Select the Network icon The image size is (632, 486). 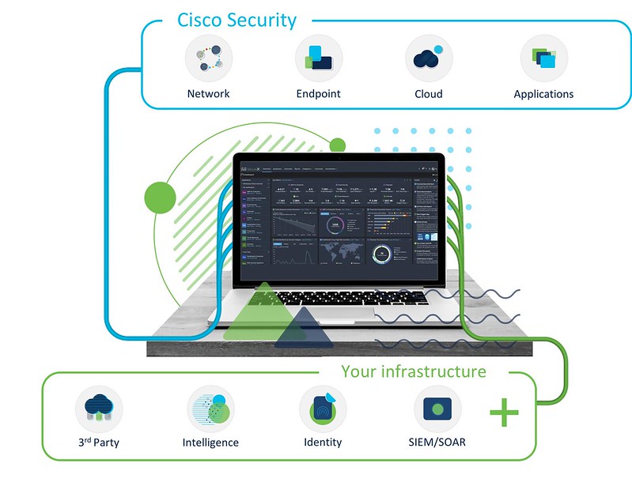pyautogui.click(x=208, y=58)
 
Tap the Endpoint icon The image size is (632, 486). pyautogui.click(x=318, y=58)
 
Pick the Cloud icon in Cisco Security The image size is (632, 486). pyautogui.click(x=428, y=58)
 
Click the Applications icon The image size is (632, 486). pyautogui.click(x=543, y=58)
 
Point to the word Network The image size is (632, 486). pyautogui.click(x=208, y=93)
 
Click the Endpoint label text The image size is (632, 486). pyautogui.click(x=318, y=93)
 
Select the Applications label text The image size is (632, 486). pyautogui.click(x=543, y=94)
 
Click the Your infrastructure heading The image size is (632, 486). pyautogui.click(x=413, y=371)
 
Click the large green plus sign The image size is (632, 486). pyautogui.click(x=504, y=413)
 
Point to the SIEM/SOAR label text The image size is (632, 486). pyautogui.click(x=440, y=442)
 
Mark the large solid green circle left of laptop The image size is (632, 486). pyautogui.click(x=160, y=195)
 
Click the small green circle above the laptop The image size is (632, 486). pyautogui.click(x=338, y=145)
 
